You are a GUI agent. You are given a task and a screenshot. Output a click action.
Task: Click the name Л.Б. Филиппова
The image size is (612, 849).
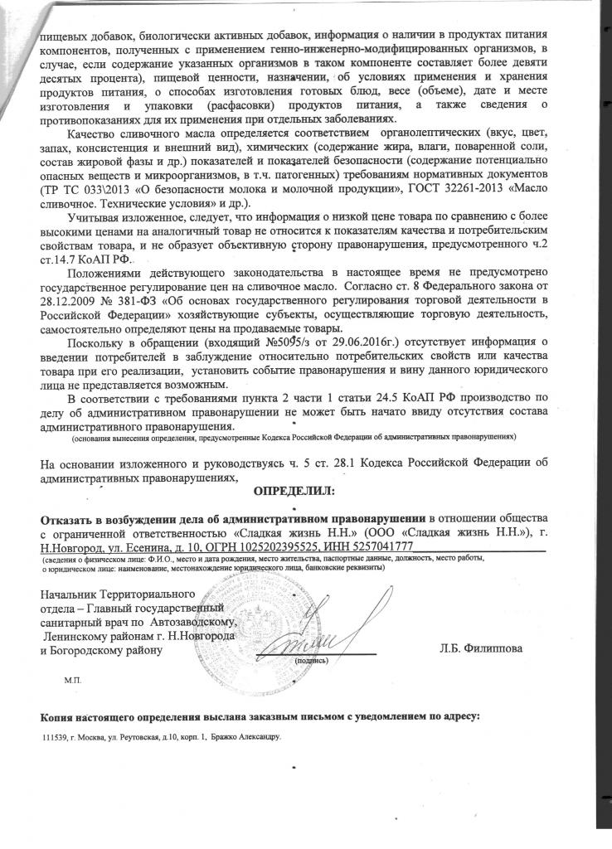click(x=482, y=649)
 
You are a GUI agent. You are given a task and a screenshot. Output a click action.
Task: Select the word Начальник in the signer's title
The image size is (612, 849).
click(x=68, y=595)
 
